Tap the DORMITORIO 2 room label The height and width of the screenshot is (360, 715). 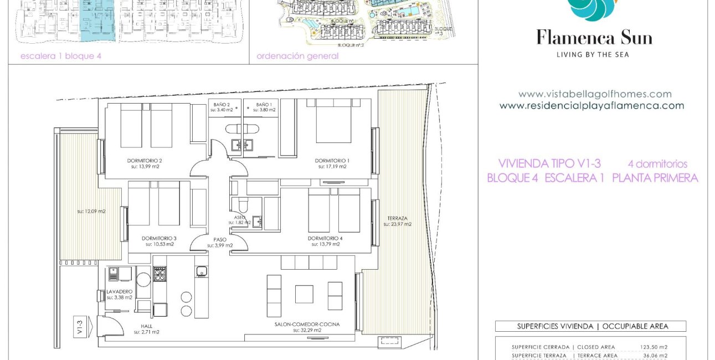click(x=145, y=161)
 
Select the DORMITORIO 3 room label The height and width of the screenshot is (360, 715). click(x=160, y=239)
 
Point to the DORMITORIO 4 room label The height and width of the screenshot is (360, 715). click(x=325, y=239)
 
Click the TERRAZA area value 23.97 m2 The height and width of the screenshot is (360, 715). click(x=397, y=224)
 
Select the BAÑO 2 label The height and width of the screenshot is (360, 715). click(x=222, y=105)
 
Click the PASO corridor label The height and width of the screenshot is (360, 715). click(x=220, y=240)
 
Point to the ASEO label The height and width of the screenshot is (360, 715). click(x=240, y=218)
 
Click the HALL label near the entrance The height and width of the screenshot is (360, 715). click(x=146, y=326)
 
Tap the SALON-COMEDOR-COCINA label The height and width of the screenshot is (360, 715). click(x=307, y=324)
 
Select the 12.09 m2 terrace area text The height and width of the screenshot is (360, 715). click(x=91, y=211)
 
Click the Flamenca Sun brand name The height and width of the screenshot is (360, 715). click(x=594, y=38)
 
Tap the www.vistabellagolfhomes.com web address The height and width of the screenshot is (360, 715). click(x=595, y=94)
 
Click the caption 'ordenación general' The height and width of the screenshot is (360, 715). click(x=297, y=56)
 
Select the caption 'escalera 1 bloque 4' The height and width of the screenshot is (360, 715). click(x=61, y=56)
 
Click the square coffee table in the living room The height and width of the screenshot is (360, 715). click(x=304, y=294)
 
